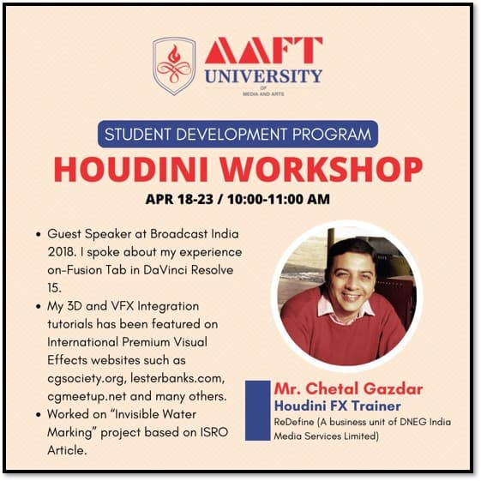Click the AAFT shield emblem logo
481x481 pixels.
click(174, 65)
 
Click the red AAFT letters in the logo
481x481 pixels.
click(263, 51)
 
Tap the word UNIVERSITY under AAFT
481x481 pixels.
click(263, 76)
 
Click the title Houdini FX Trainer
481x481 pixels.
click(338, 406)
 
